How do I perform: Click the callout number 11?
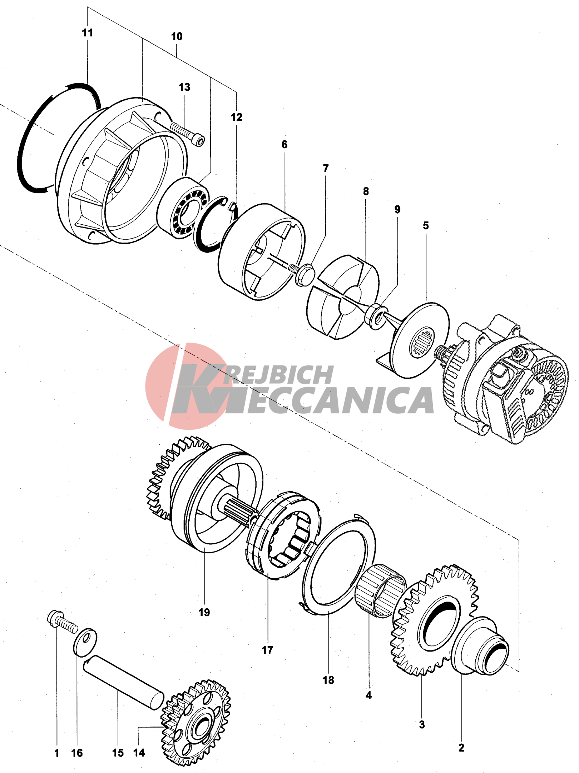point(87,33)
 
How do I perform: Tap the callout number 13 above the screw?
point(184,87)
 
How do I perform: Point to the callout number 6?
point(284,144)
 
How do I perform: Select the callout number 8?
point(366,191)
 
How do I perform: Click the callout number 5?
point(426,226)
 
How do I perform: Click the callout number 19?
point(204,612)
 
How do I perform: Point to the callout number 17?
point(267,650)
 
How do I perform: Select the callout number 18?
point(328,680)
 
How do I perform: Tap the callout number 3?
point(422,724)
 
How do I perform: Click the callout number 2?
point(461,748)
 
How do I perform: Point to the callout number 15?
point(118,753)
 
